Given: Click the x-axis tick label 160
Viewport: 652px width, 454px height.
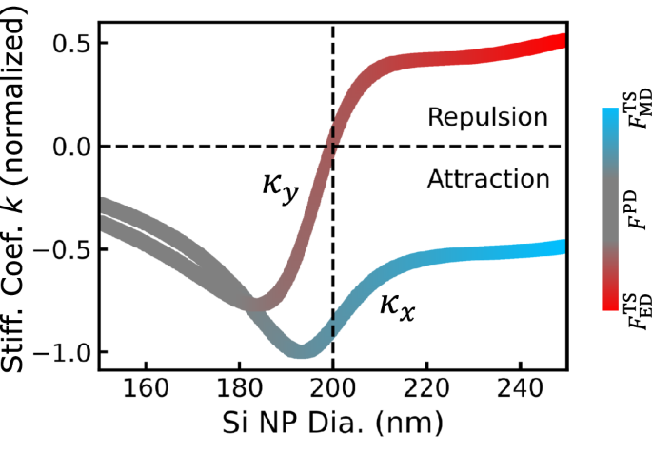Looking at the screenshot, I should coord(146,390).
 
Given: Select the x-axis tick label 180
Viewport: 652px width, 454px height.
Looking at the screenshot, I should coord(239,390).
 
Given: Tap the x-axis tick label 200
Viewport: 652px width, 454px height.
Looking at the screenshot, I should coord(332,390).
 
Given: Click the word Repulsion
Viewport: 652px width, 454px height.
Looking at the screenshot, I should coord(487,118).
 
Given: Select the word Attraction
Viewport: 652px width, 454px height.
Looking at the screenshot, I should coord(487,179).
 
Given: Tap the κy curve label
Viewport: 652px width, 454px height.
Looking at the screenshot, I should coord(280,185).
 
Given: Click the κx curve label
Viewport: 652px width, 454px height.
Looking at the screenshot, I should coord(397,305).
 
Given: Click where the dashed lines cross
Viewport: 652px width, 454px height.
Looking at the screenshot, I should coord(332,147).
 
